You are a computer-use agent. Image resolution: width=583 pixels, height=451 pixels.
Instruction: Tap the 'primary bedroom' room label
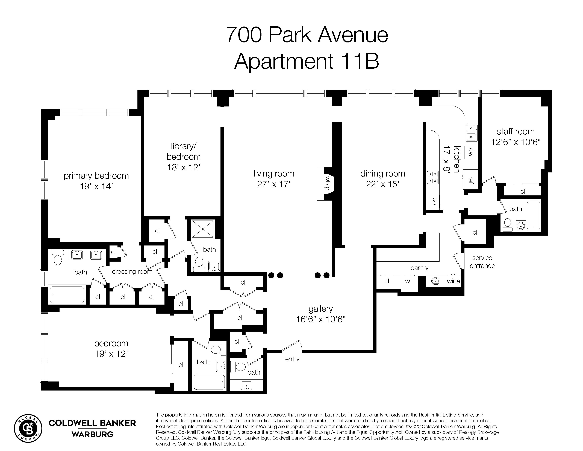[96, 176]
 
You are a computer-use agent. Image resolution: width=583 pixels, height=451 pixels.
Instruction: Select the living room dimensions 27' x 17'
[274, 184]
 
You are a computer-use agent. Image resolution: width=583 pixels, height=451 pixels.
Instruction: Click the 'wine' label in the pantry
[453, 281]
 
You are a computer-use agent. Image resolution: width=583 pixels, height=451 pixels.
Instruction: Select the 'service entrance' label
[482, 262]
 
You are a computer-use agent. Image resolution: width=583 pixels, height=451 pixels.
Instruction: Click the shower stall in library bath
[203, 229]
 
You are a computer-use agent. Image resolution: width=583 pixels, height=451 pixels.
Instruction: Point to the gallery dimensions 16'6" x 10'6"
[321, 319]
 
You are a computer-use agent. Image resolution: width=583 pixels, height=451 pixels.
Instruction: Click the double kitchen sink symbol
[471, 133]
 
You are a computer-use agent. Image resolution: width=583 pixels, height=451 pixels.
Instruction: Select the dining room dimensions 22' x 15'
[382, 184]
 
